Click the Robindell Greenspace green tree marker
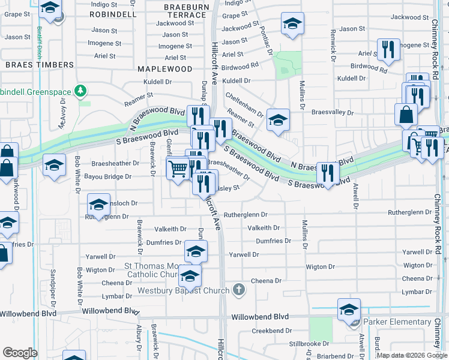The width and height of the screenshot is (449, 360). tap(80, 92)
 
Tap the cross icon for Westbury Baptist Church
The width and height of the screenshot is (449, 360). tap(239, 290)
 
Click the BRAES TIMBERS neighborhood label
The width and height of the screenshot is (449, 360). tap(40, 64)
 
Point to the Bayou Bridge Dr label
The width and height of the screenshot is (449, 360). tap(111, 176)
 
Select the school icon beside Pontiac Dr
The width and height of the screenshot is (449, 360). tap(292, 23)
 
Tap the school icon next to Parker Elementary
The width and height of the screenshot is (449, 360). tap(349, 310)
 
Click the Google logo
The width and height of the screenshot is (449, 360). tap(20, 353)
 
